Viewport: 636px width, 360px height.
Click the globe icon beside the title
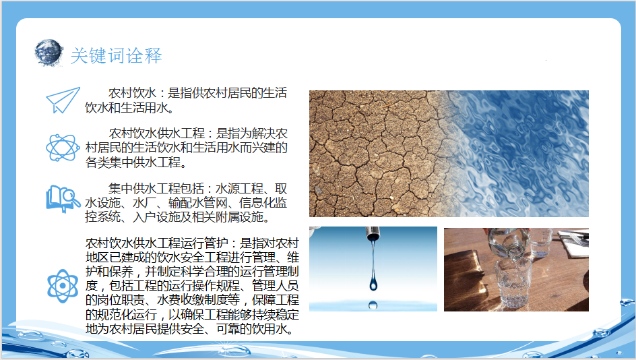(49, 53)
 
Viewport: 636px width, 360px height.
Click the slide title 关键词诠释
(116, 55)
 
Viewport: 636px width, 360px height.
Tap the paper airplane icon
(63, 100)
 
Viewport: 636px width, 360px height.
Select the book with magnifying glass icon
(63, 199)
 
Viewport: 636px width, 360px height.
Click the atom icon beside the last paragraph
(63, 286)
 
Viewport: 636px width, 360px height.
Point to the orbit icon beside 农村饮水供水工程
(63, 148)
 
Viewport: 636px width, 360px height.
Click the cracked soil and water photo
(449, 154)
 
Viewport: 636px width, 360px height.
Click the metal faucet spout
(373, 233)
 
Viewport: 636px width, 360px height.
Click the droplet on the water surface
(373, 305)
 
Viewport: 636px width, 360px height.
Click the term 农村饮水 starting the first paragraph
(132, 93)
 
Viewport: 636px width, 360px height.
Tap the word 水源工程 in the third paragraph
(239, 189)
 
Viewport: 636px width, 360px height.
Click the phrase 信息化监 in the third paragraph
(263, 203)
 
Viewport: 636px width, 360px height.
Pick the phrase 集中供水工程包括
(156, 189)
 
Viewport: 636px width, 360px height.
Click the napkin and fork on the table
(573, 239)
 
